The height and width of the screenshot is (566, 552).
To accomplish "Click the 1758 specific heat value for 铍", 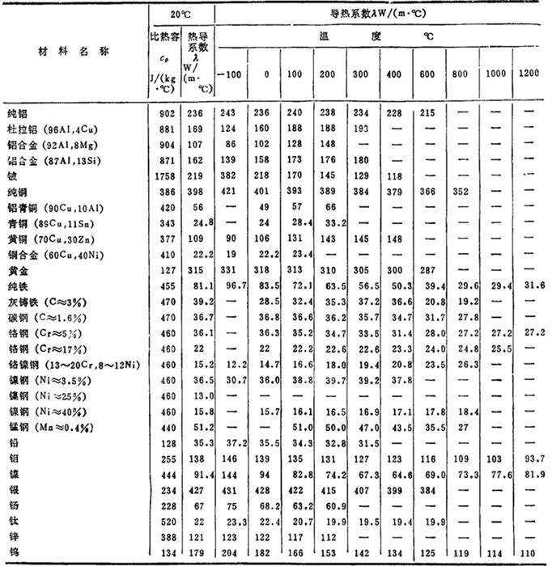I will coord(162,176).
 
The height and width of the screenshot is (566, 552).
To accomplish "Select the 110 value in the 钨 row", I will coord(529,554).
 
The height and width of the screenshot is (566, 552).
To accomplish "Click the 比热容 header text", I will coord(163,38).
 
